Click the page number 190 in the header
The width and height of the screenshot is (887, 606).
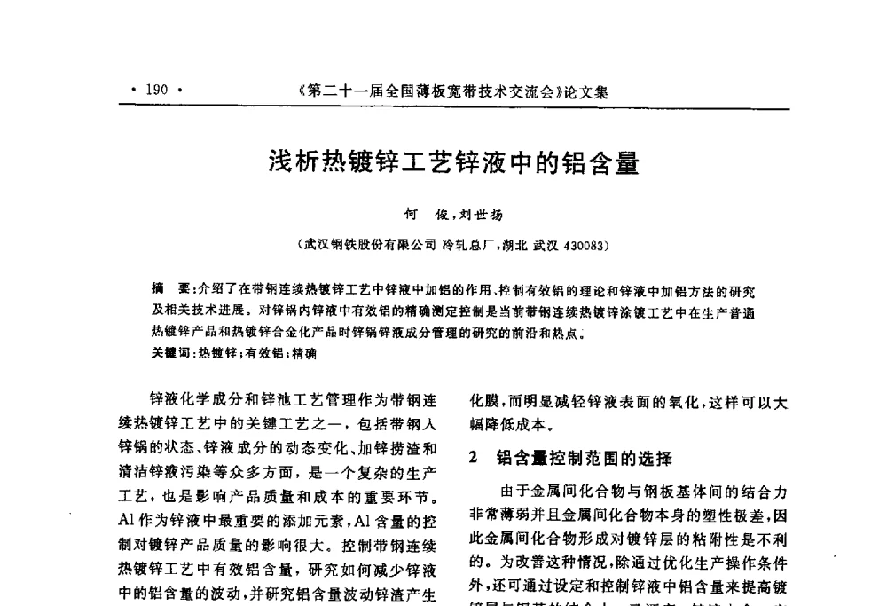[x=156, y=90]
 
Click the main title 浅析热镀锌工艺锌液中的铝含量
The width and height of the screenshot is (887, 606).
[x=454, y=163]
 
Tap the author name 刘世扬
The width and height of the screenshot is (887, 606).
[x=483, y=214]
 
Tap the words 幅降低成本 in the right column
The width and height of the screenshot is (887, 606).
[x=501, y=423]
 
